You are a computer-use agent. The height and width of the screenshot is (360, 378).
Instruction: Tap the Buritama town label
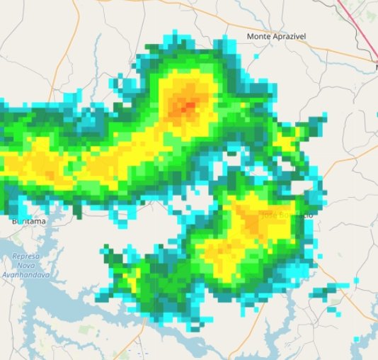(28, 221)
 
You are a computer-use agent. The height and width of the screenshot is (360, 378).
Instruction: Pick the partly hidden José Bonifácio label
(286, 215)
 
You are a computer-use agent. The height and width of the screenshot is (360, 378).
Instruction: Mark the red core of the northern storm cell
(188, 107)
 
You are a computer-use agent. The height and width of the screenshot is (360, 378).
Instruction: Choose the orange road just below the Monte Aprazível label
(297, 48)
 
